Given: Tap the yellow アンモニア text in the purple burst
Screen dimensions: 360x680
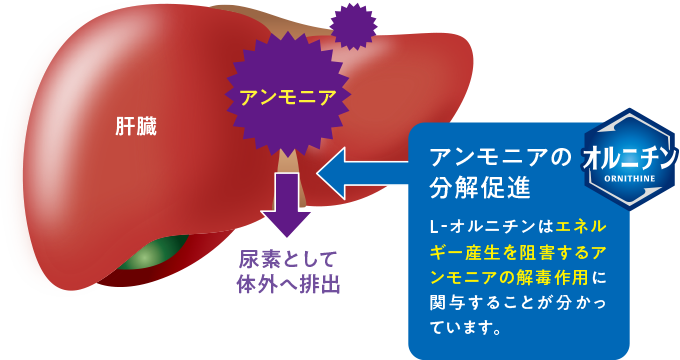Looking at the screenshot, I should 287,97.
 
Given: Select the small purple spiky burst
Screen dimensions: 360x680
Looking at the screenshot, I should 352,25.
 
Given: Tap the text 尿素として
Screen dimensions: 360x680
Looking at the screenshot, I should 287,257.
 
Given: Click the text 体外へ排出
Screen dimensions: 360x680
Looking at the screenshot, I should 287,283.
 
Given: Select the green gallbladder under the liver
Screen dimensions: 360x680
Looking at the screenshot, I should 150,255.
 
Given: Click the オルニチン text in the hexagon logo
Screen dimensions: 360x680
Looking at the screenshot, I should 630,157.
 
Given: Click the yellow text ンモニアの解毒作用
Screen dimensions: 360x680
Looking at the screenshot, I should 515,277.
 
